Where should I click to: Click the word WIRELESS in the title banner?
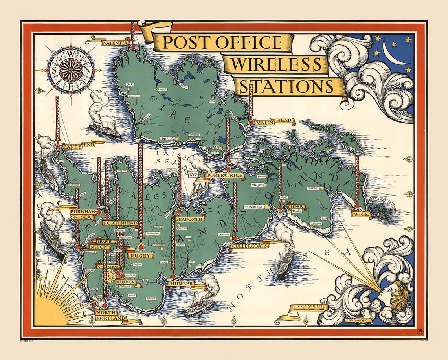coord(275,64)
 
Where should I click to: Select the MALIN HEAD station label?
coord(274,122)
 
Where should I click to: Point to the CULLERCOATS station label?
coord(250,246)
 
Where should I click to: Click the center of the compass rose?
coord(71,70)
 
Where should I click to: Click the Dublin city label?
coord(167,139)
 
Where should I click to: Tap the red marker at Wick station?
coord(357,206)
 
